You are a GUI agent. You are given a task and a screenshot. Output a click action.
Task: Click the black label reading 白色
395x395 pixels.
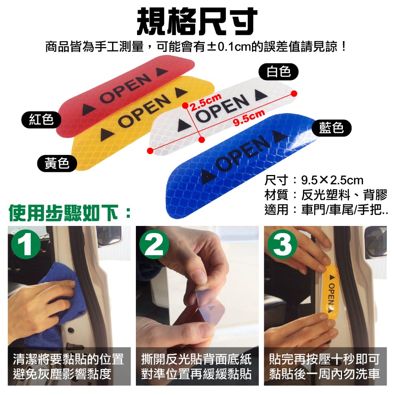pos(278,72)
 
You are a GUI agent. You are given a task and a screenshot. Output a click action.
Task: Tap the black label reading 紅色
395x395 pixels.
pos(41,119)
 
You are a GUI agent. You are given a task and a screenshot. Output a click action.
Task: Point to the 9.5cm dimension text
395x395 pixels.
pos(248,118)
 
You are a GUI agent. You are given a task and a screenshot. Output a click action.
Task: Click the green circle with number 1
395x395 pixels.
pos(26,246)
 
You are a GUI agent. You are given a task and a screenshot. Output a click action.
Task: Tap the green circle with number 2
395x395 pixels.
pos(154,246)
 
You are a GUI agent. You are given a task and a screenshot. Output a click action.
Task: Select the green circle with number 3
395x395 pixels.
pos(282,246)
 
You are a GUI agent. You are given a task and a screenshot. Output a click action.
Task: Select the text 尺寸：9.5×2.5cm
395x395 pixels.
pos(314,181)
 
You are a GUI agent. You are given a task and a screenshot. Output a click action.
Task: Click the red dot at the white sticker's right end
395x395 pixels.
pos(293,93)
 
